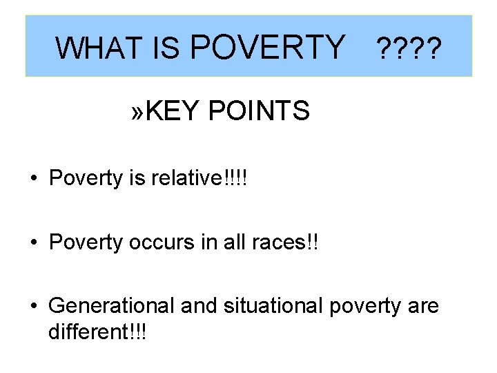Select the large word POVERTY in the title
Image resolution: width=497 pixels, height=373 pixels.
[x=266, y=46]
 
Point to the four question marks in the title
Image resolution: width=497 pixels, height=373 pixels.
[x=406, y=48]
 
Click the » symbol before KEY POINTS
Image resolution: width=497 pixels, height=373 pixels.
[x=138, y=110]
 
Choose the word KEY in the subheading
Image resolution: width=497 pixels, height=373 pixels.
[x=173, y=110]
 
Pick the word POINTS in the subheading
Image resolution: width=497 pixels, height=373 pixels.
[x=258, y=110]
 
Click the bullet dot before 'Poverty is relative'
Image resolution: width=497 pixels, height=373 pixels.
[x=32, y=179]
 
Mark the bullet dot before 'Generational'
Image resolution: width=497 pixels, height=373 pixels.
[x=32, y=305]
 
